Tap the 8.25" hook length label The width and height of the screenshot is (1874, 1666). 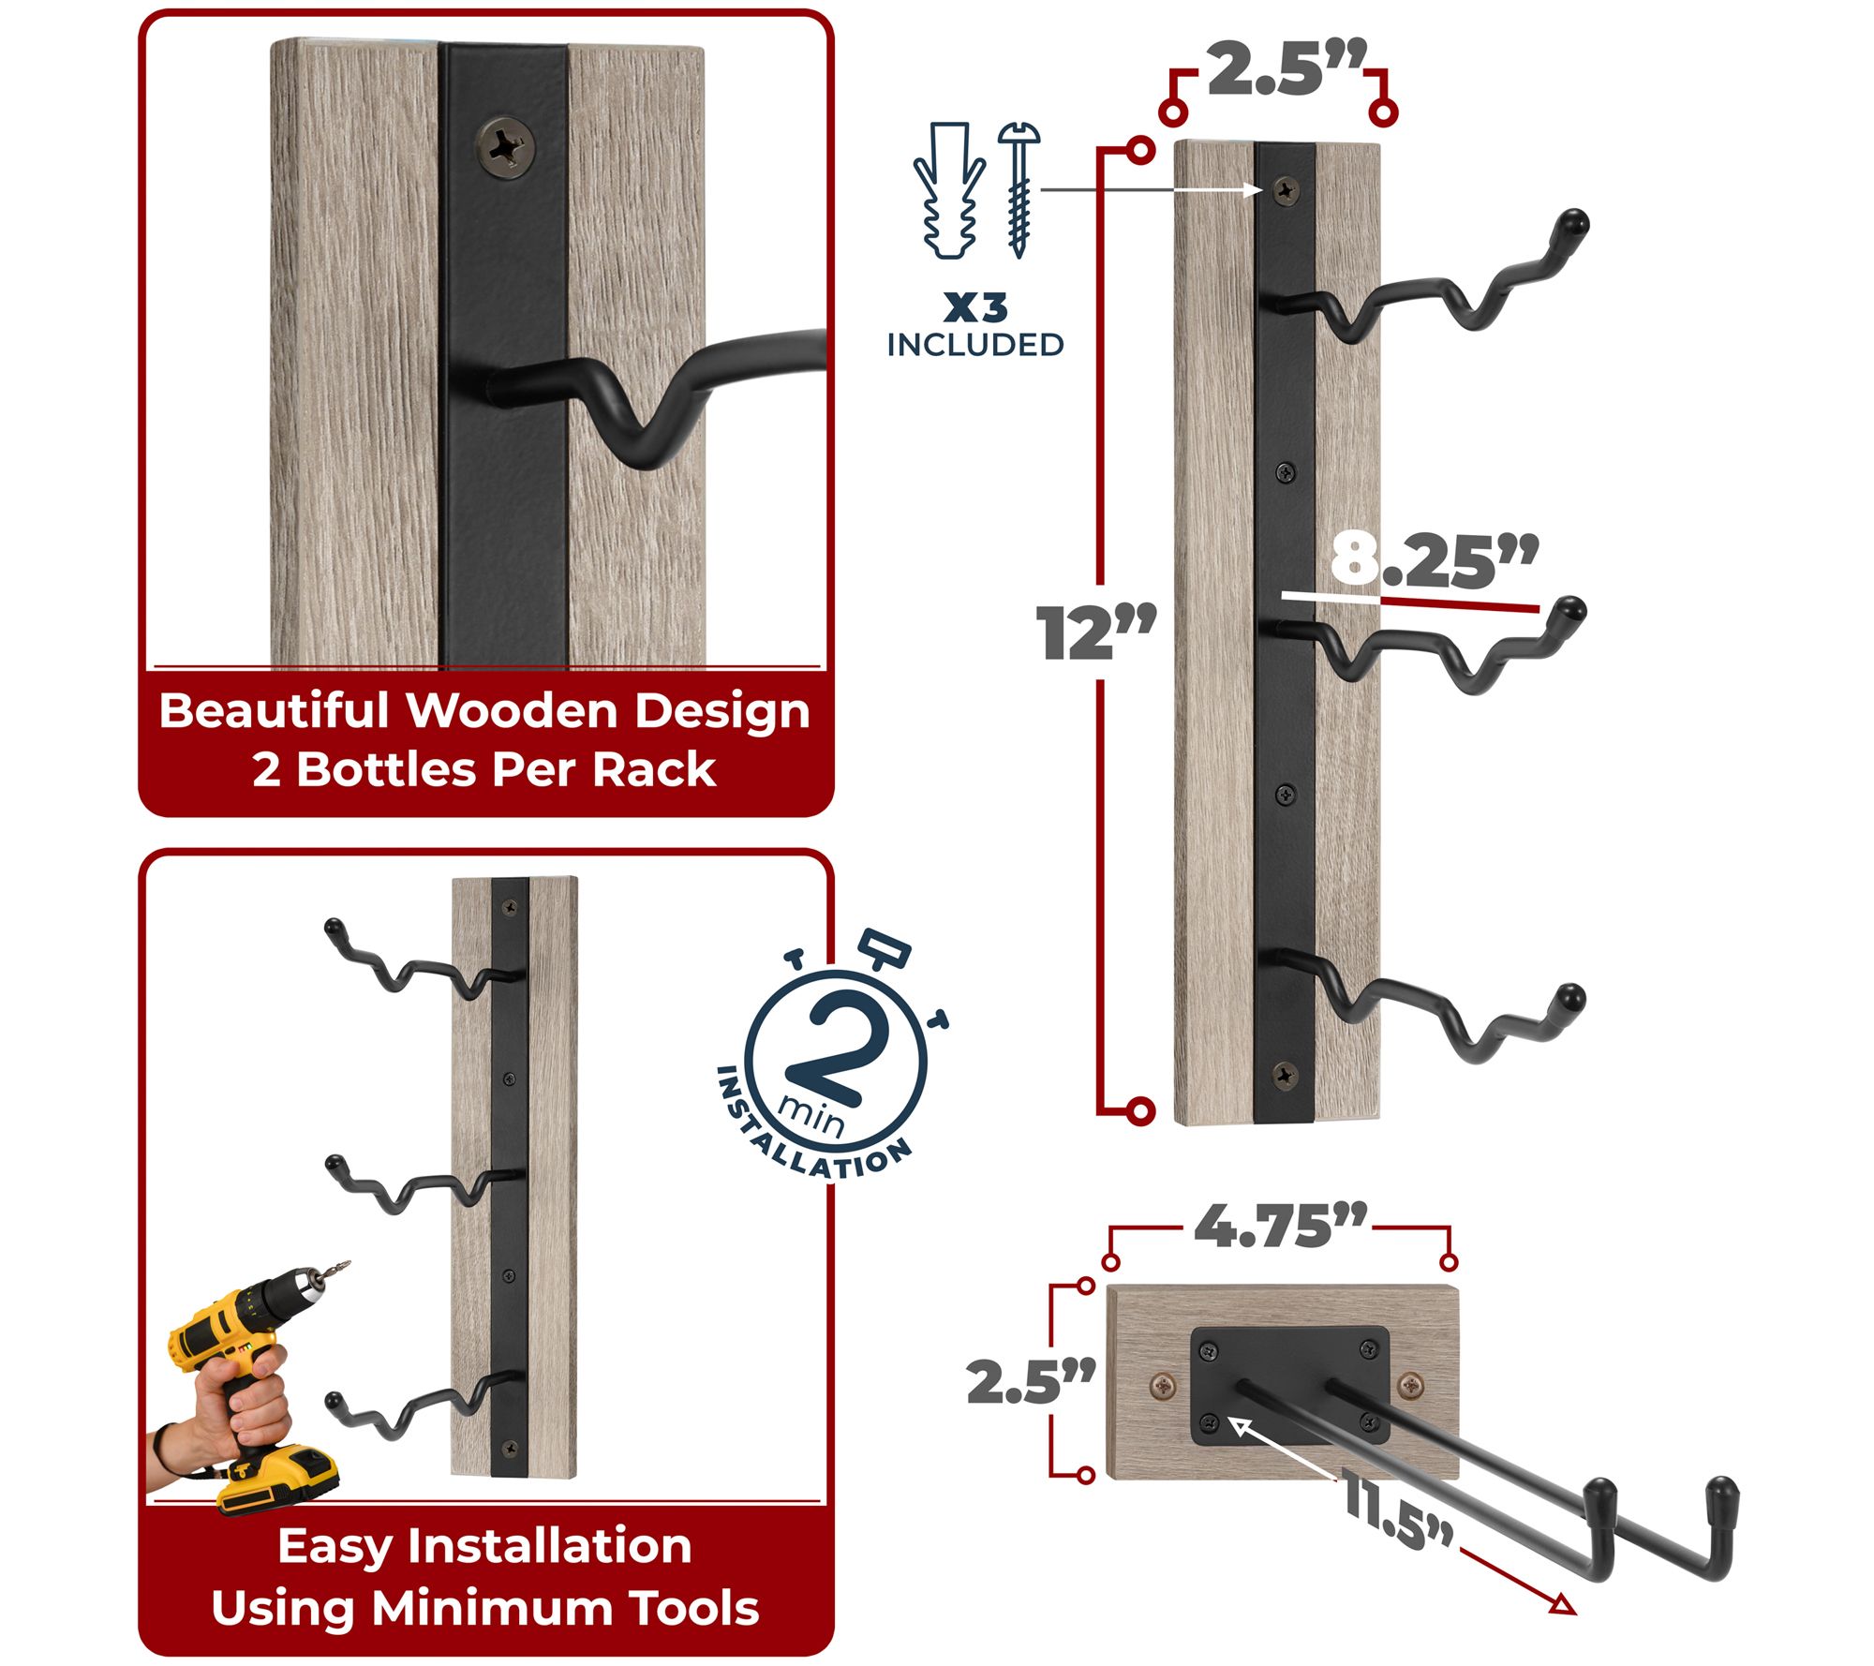coord(1434,560)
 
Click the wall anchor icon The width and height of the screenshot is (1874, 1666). coord(948,190)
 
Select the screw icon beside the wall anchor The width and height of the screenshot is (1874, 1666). coord(1019,189)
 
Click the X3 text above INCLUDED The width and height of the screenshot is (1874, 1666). coord(975,307)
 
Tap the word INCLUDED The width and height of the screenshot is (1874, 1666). coord(975,345)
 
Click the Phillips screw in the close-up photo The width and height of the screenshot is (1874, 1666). coord(506,144)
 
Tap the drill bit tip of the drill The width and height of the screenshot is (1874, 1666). coord(347,1263)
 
